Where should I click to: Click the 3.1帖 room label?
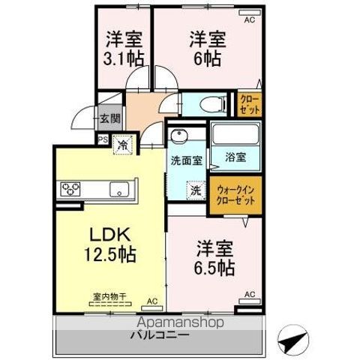124,47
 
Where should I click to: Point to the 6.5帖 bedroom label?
216,256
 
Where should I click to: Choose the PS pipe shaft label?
101,139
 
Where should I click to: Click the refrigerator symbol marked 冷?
121,141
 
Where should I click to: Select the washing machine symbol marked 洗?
195,190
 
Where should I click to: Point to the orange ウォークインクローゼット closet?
235,196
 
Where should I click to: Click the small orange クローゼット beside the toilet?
250,103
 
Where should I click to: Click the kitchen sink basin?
120,188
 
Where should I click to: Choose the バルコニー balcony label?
161,334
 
